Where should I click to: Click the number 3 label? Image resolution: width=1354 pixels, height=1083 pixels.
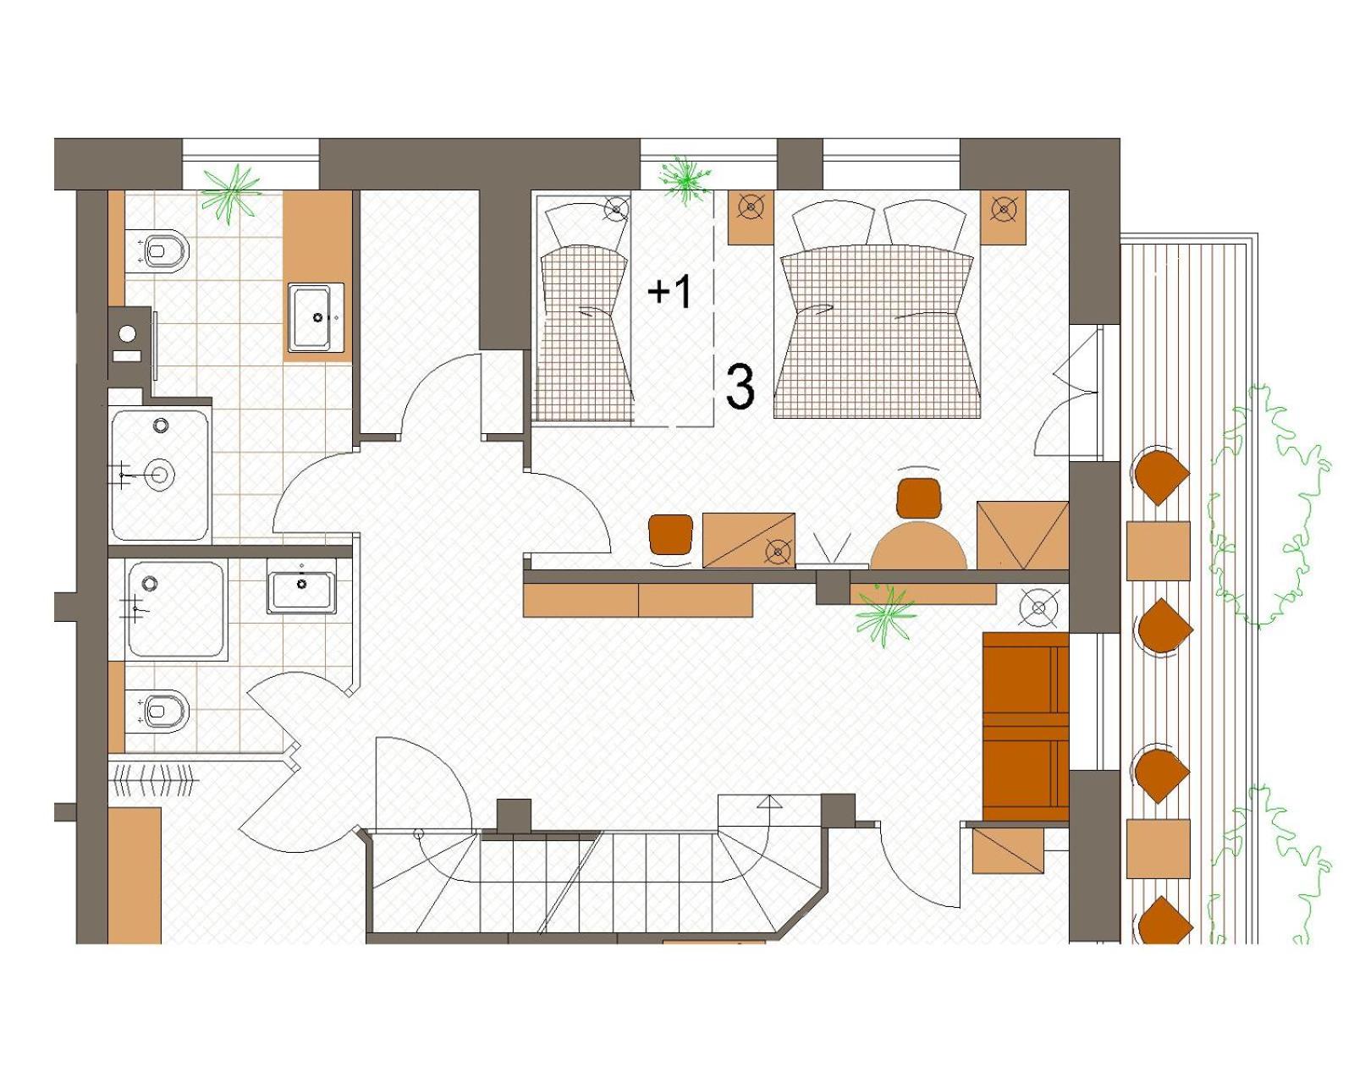pos(740,387)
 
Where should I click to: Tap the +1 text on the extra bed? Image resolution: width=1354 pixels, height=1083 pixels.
pos(669,291)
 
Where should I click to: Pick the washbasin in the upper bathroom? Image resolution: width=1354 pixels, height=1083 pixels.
pos(316,317)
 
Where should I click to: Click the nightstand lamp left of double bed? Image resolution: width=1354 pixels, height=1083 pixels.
pos(751,206)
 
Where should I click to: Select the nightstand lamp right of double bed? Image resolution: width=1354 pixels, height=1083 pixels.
pos(1004,207)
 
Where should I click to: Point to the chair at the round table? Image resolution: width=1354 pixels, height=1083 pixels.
pos(919,497)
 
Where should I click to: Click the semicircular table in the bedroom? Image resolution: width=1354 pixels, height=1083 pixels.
pos(918,546)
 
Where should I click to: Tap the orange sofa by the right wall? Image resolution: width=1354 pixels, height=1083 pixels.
pos(1024,726)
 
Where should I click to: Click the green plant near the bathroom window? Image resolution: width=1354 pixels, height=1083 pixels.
pos(230,191)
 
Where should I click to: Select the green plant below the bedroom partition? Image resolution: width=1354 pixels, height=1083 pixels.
pos(885,611)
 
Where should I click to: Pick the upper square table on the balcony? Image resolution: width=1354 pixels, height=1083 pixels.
pos(1158,550)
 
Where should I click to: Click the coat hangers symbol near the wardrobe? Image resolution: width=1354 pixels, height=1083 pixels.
pos(157,781)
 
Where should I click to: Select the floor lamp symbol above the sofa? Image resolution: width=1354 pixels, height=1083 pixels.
pos(1039,607)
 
